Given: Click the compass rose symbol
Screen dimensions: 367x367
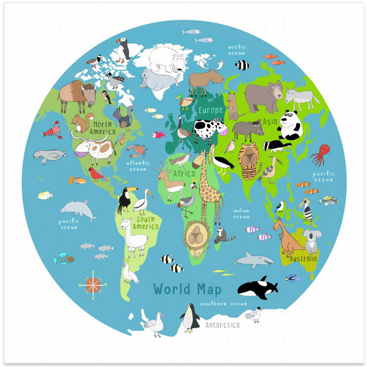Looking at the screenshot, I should point(93,284).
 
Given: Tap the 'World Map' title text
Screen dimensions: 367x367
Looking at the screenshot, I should point(187,289).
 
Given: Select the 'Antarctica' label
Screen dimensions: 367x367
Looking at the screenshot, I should point(222,325).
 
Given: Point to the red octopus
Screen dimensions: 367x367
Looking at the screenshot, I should point(321,154).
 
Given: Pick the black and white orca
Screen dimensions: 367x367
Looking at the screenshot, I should point(257,287).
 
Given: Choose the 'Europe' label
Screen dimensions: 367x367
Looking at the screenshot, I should point(211,110).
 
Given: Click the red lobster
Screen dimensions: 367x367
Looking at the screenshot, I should point(52,130).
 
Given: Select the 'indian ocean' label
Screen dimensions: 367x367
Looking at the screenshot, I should point(241,214).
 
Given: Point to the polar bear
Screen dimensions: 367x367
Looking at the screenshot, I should point(167,59).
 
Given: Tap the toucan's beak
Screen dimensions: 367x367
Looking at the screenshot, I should point(132,189).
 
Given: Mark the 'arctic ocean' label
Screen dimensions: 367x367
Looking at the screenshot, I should point(236,50).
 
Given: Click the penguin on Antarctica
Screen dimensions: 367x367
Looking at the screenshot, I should point(190,317).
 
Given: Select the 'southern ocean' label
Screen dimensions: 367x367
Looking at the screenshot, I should point(223,304).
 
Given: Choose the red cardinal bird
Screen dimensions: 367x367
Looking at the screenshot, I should point(97,174).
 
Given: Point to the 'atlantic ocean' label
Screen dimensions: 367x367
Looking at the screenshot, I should point(138,166).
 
